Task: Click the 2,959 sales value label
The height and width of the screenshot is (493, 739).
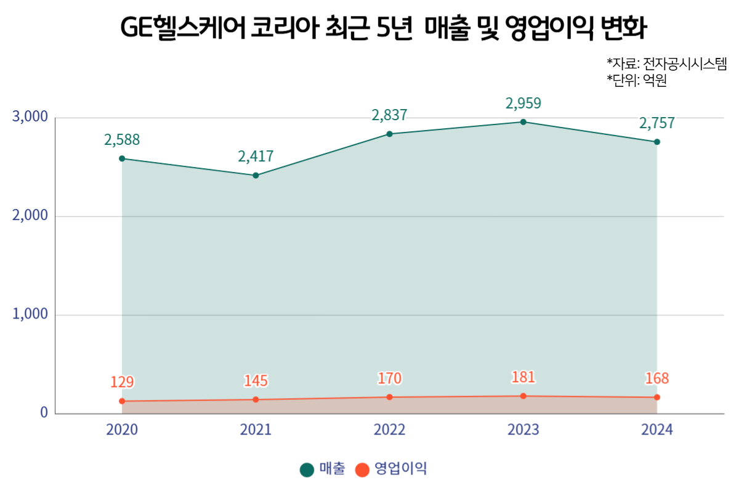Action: point(523,103)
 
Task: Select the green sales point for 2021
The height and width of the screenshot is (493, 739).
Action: point(256,176)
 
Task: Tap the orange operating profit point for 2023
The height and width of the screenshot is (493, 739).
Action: point(523,396)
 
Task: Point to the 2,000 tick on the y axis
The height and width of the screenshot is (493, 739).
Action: point(30,216)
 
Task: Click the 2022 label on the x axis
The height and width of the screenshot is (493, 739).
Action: point(389,430)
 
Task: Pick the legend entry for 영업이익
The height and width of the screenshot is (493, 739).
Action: point(391,469)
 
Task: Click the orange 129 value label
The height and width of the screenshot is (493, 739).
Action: point(122,382)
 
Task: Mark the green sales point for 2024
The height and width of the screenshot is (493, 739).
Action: point(657,142)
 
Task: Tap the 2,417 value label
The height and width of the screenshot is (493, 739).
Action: point(256,157)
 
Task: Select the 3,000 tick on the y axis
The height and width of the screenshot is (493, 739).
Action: point(30,117)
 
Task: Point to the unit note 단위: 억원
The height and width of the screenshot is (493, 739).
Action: point(637,81)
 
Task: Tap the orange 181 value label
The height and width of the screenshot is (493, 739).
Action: point(523,377)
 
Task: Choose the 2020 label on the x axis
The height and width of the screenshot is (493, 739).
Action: point(122,430)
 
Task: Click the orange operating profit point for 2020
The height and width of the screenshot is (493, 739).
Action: point(122,401)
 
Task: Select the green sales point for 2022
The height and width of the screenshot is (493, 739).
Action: point(389,134)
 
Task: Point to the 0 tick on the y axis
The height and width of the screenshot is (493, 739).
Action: point(44,413)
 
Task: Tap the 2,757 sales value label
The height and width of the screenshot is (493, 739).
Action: point(657,123)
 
